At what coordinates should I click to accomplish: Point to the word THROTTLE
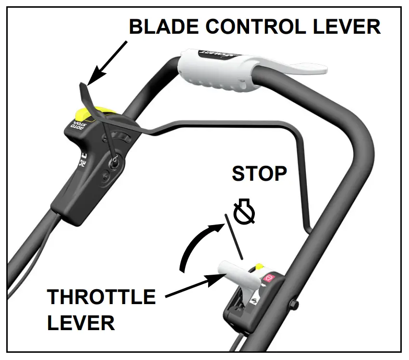pyautogui.click(x=101, y=297)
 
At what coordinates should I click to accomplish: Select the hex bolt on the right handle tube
pyautogui.click(x=293, y=305)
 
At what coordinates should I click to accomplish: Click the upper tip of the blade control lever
pyautogui.click(x=82, y=86)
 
